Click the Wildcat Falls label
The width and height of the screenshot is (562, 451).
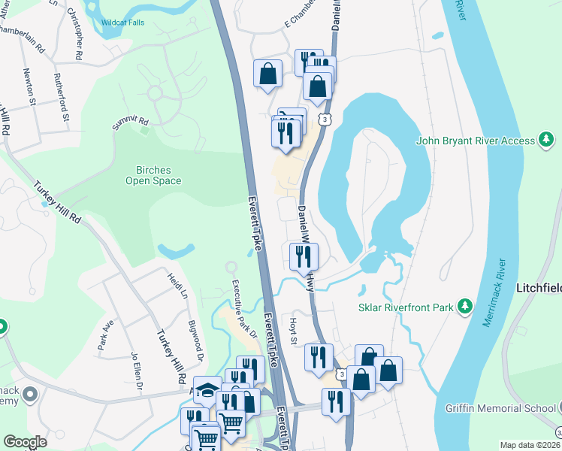coord(124,22)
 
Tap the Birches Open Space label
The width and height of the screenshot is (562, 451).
coord(153,175)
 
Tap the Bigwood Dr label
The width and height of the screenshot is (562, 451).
coord(196,335)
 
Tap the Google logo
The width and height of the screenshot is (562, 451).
coord(25,442)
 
